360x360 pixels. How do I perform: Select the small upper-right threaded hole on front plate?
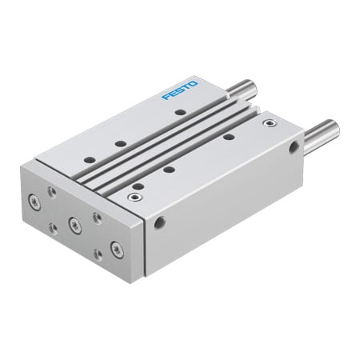tap(97, 216)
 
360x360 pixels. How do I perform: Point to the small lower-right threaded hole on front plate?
tap(96, 254)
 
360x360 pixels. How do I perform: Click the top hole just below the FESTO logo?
tap(180, 113)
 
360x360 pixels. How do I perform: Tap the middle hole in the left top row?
tap(119, 143)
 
